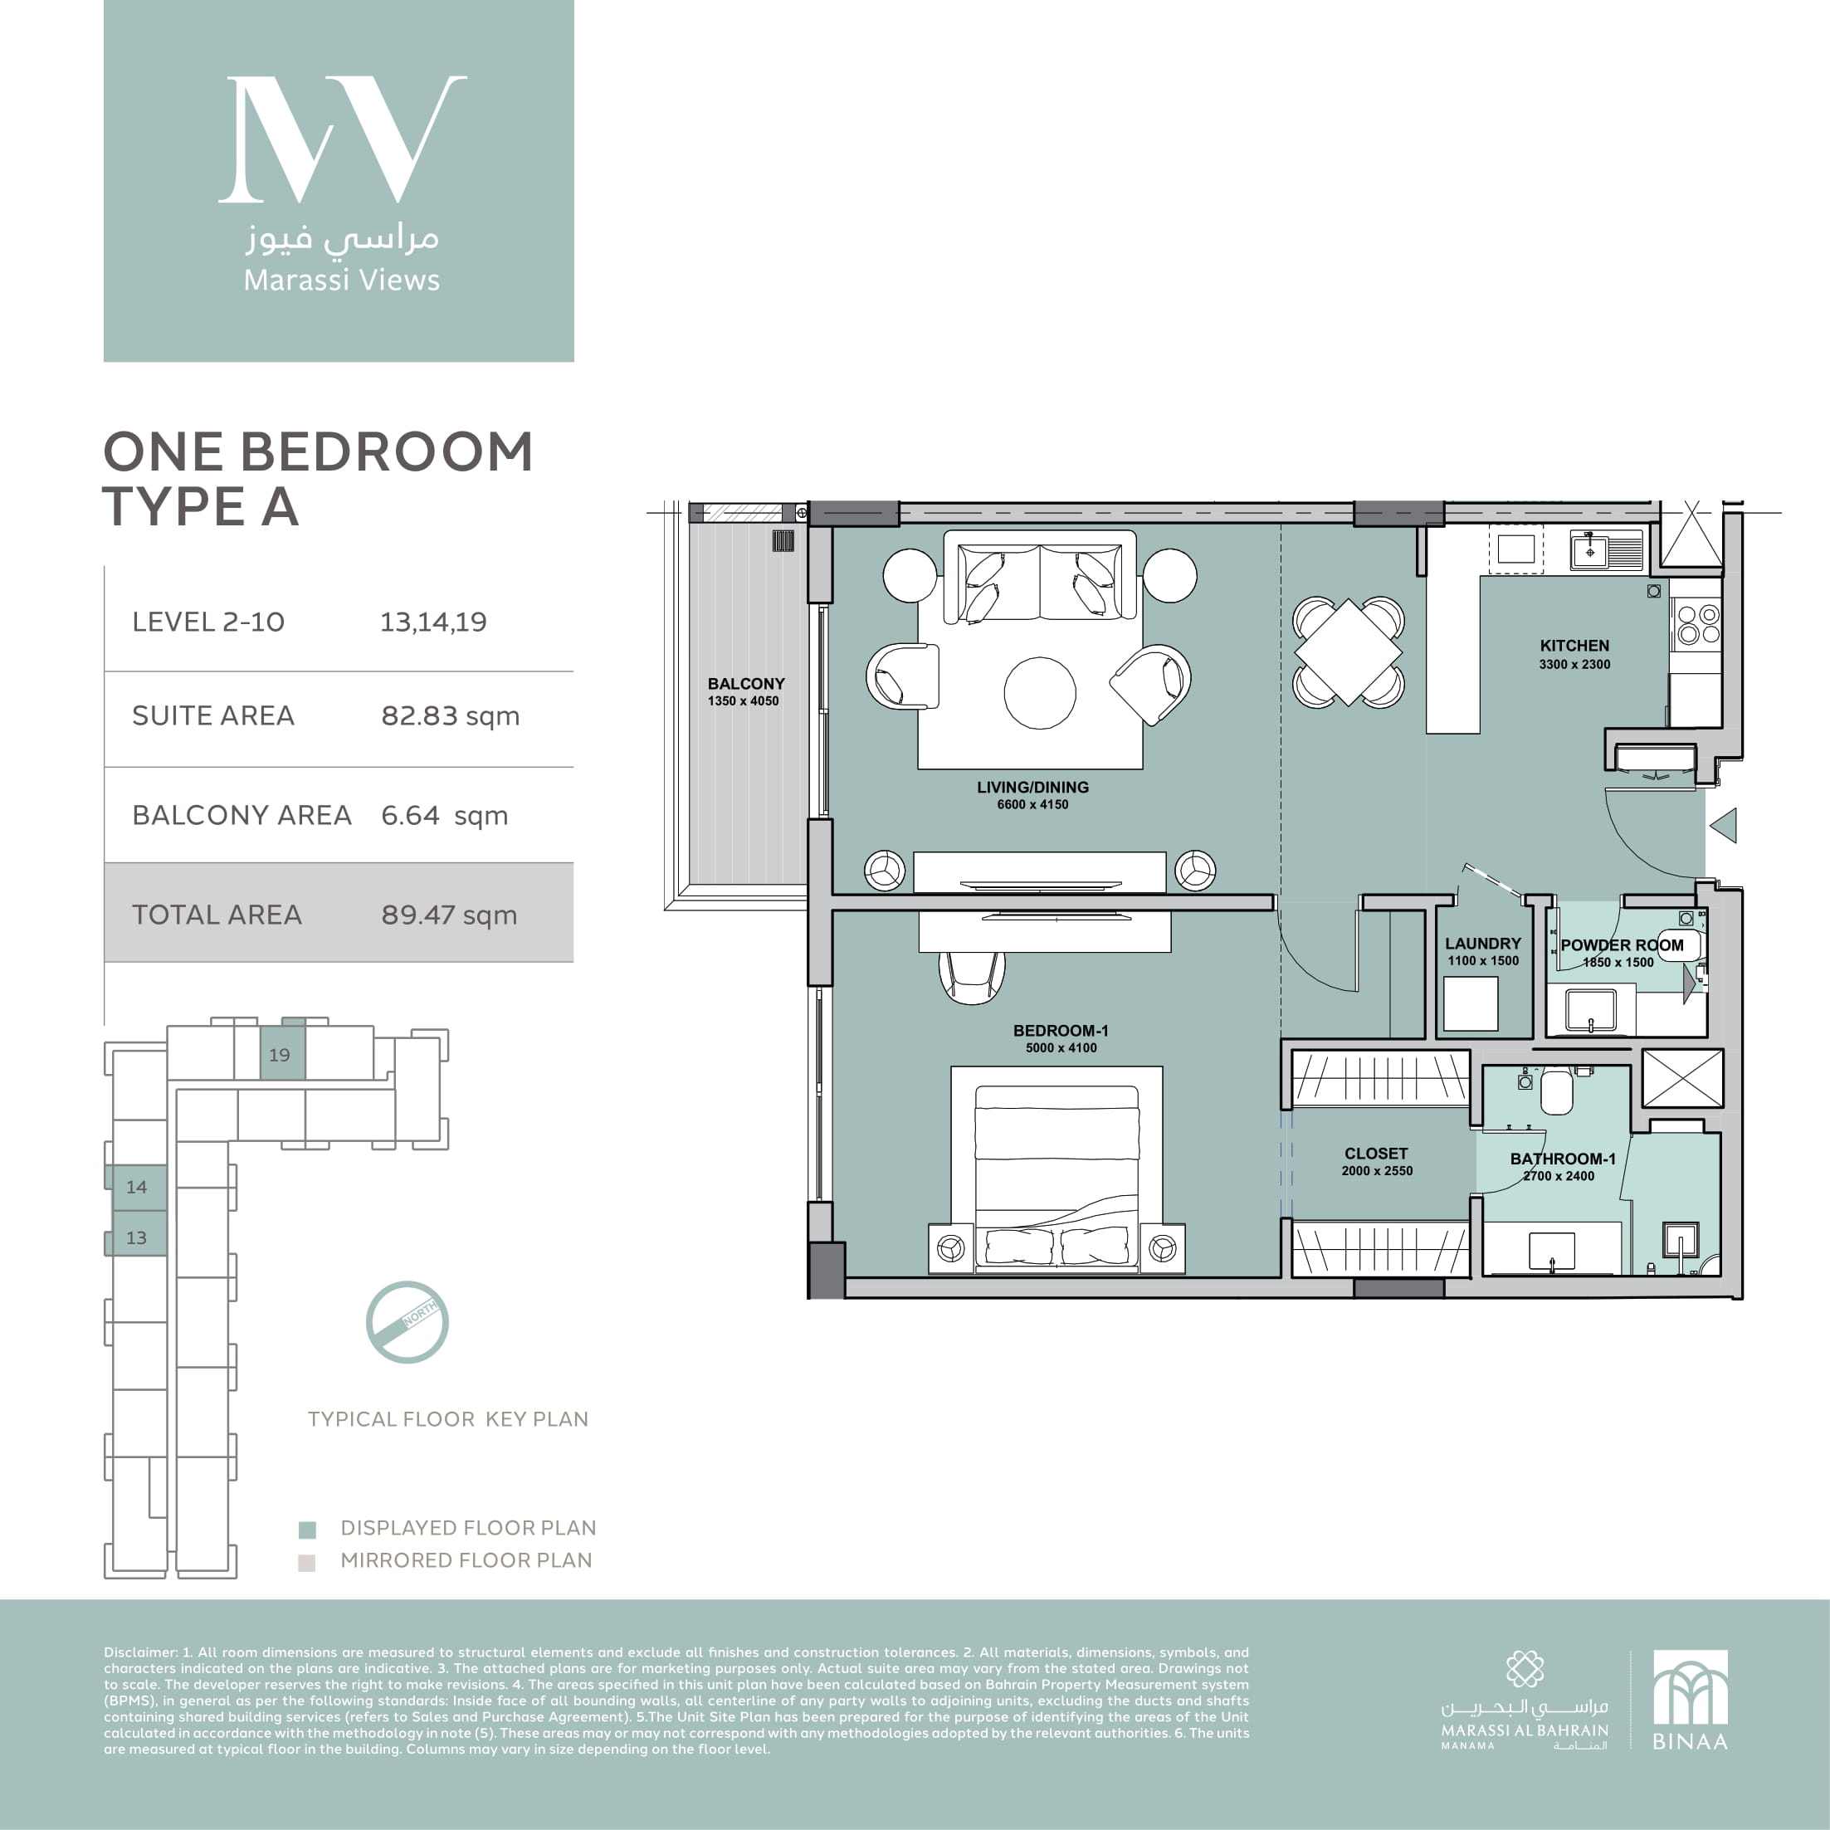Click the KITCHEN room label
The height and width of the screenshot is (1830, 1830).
pyautogui.click(x=1574, y=645)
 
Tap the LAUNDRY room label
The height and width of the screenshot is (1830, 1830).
pyautogui.click(x=1482, y=944)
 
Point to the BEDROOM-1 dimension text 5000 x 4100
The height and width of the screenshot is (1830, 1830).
pyautogui.click(x=1061, y=1047)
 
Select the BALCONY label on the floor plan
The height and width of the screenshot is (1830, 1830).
pyautogui.click(x=745, y=683)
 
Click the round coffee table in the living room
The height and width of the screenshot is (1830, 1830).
pyautogui.click(x=1039, y=692)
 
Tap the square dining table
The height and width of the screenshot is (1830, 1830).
pyautogui.click(x=1347, y=651)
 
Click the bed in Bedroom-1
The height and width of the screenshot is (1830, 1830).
pyautogui.click(x=1057, y=1175)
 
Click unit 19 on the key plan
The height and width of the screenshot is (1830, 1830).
pyautogui.click(x=282, y=1053)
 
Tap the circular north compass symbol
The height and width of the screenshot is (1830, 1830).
pyautogui.click(x=407, y=1322)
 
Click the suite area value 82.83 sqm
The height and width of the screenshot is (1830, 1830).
pyautogui.click(x=450, y=715)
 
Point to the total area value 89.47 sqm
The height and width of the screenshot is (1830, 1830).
pyautogui.click(x=449, y=914)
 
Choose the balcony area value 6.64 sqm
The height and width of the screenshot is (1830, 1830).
pyautogui.click(x=444, y=815)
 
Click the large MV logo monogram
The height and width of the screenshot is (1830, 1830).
pyautogui.click(x=342, y=139)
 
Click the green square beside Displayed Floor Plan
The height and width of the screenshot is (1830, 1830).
pyautogui.click(x=307, y=1529)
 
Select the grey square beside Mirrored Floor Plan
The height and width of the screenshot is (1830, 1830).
pyautogui.click(x=306, y=1562)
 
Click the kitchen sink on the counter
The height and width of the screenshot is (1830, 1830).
pyautogui.click(x=1606, y=549)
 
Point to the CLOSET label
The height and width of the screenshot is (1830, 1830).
pyautogui.click(x=1375, y=1153)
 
